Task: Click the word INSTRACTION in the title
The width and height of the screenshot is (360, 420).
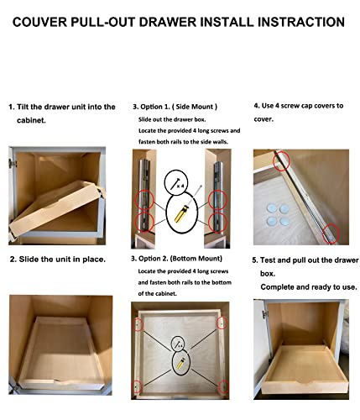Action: [300, 22]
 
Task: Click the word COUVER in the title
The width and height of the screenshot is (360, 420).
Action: [39, 22]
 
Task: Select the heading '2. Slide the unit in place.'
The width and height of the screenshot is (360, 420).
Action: [58, 260]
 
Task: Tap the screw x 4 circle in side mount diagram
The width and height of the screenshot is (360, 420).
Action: [176, 183]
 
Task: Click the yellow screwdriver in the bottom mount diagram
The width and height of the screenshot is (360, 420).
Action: [181, 363]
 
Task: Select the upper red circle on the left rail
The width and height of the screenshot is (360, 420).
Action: [144, 200]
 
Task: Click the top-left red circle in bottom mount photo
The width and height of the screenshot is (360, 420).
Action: [138, 324]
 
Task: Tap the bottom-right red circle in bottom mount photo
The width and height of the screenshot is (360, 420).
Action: [223, 387]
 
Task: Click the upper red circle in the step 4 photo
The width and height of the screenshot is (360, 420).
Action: [281, 161]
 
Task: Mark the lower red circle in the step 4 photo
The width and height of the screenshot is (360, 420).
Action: [331, 234]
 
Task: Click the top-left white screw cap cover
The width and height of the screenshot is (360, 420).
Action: [272, 208]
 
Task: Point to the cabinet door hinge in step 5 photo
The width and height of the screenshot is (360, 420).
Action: [265, 314]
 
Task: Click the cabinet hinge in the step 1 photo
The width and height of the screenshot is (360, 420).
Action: [13, 163]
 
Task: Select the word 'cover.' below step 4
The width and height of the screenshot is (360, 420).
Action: [263, 119]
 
